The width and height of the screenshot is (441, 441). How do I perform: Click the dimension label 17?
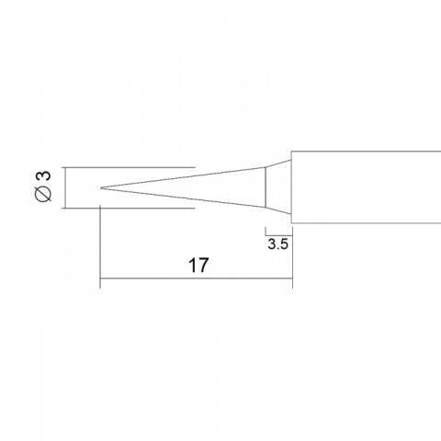198,266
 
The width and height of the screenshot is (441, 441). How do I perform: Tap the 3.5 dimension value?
278,244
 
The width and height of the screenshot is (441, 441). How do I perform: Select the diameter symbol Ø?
43,194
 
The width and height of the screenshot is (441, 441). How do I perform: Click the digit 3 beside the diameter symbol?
43,176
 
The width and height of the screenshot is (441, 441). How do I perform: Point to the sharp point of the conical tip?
101,187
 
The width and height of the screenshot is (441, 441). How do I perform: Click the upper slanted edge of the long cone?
183,177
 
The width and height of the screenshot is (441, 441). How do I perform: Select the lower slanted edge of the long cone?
183,198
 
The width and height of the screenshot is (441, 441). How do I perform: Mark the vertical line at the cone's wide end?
266,187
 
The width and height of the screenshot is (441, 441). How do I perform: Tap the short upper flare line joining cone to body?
278,164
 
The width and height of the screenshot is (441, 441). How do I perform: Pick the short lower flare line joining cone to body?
278,211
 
